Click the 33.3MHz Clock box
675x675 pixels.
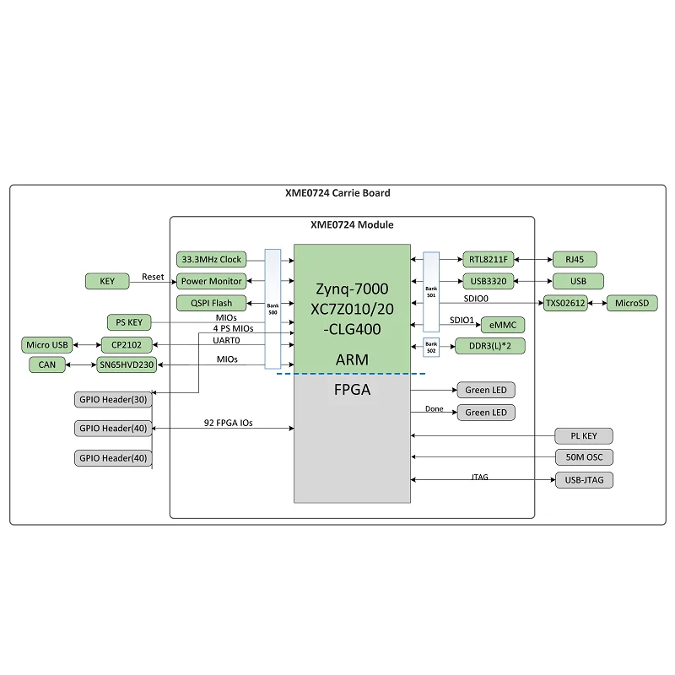210,260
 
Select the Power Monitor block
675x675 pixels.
210,281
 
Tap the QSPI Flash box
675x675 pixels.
210,303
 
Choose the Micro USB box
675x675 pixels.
47,344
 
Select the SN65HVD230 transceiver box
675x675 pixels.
127,364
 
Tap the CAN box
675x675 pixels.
46,364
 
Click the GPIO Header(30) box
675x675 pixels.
112,400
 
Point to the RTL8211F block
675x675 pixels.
487,259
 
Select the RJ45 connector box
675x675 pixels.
576,259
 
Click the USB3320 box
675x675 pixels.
487,281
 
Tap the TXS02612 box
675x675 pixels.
564,303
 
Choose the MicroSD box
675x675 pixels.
631,303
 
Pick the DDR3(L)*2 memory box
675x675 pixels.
491,346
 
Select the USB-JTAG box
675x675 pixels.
584,480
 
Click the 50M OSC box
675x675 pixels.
584,458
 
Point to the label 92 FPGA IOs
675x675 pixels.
228,423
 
